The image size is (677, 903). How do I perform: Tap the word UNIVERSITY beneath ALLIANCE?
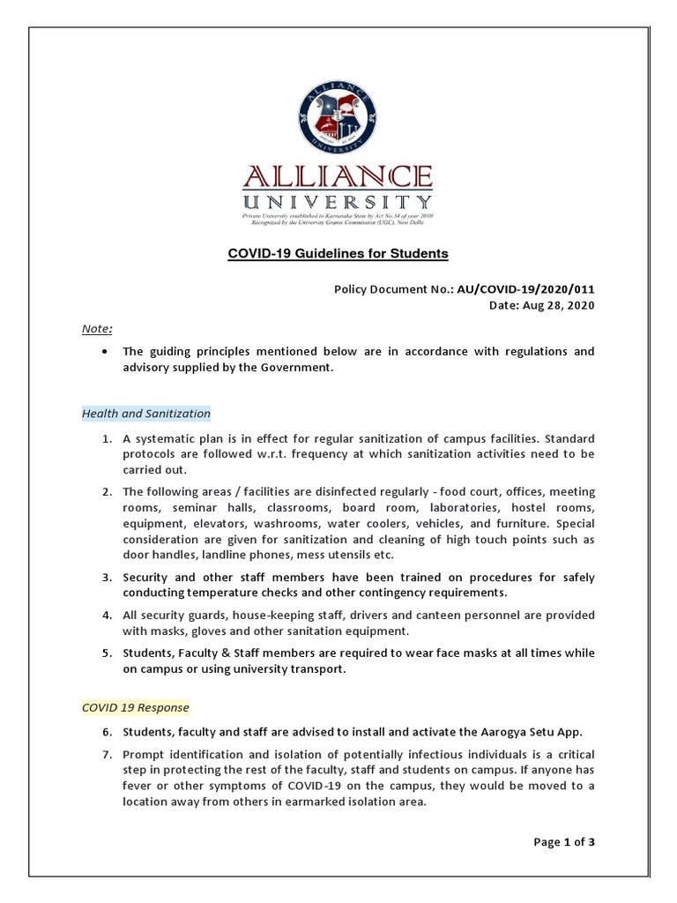click(x=338, y=202)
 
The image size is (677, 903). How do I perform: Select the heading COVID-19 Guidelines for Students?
click(x=338, y=254)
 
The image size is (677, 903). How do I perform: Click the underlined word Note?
click(x=97, y=329)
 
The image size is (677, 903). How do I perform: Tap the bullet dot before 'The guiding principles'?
click(x=106, y=352)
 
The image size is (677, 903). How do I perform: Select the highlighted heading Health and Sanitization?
click(x=146, y=413)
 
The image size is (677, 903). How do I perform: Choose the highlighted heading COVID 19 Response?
click(x=135, y=707)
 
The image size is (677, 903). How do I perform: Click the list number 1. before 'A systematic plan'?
click(x=106, y=439)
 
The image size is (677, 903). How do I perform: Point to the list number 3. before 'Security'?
click(x=106, y=578)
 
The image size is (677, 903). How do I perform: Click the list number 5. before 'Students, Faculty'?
click(x=106, y=653)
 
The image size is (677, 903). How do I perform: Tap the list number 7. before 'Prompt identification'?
click(x=106, y=755)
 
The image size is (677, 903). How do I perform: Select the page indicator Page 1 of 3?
click(x=564, y=841)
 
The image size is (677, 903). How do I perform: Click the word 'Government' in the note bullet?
click(x=298, y=368)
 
